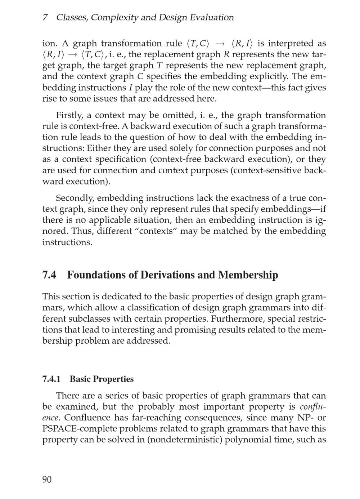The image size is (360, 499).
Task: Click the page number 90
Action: click(47, 480)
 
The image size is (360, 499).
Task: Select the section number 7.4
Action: click(49, 275)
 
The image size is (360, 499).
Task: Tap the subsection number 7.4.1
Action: click(51, 379)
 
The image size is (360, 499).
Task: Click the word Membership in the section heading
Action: click(248, 275)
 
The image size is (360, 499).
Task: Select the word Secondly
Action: click(75, 198)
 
